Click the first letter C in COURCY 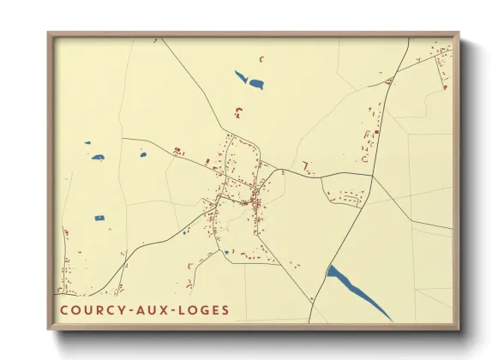pyautogui.click(x=64, y=309)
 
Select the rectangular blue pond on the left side pyautogui.click(x=99, y=218)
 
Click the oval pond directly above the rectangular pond pyautogui.click(x=97, y=158)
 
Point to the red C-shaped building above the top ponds pyautogui.click(x=262, y=58)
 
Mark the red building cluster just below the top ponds pyautogui.click(x=239, y=111)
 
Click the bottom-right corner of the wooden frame pyautogui.click(x=459, y=330)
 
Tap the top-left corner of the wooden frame pyautogui.click(x=48, y=33)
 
